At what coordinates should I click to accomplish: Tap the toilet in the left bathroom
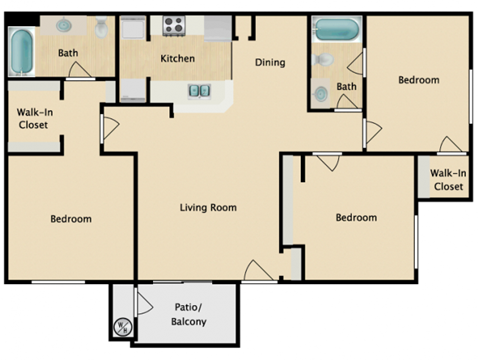point(101,29)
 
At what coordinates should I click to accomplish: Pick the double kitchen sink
point(198,91)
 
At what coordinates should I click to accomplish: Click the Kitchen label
point(178,58)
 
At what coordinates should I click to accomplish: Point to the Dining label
point(270,62)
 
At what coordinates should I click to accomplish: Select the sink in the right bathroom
point(320,94)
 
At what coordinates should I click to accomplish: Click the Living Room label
point(208,208)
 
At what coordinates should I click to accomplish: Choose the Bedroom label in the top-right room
point(418,80)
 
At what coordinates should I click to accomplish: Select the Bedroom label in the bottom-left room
point(71,219)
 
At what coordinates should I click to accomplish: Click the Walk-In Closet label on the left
point(34,118)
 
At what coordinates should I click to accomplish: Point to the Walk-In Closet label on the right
point(447,179)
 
